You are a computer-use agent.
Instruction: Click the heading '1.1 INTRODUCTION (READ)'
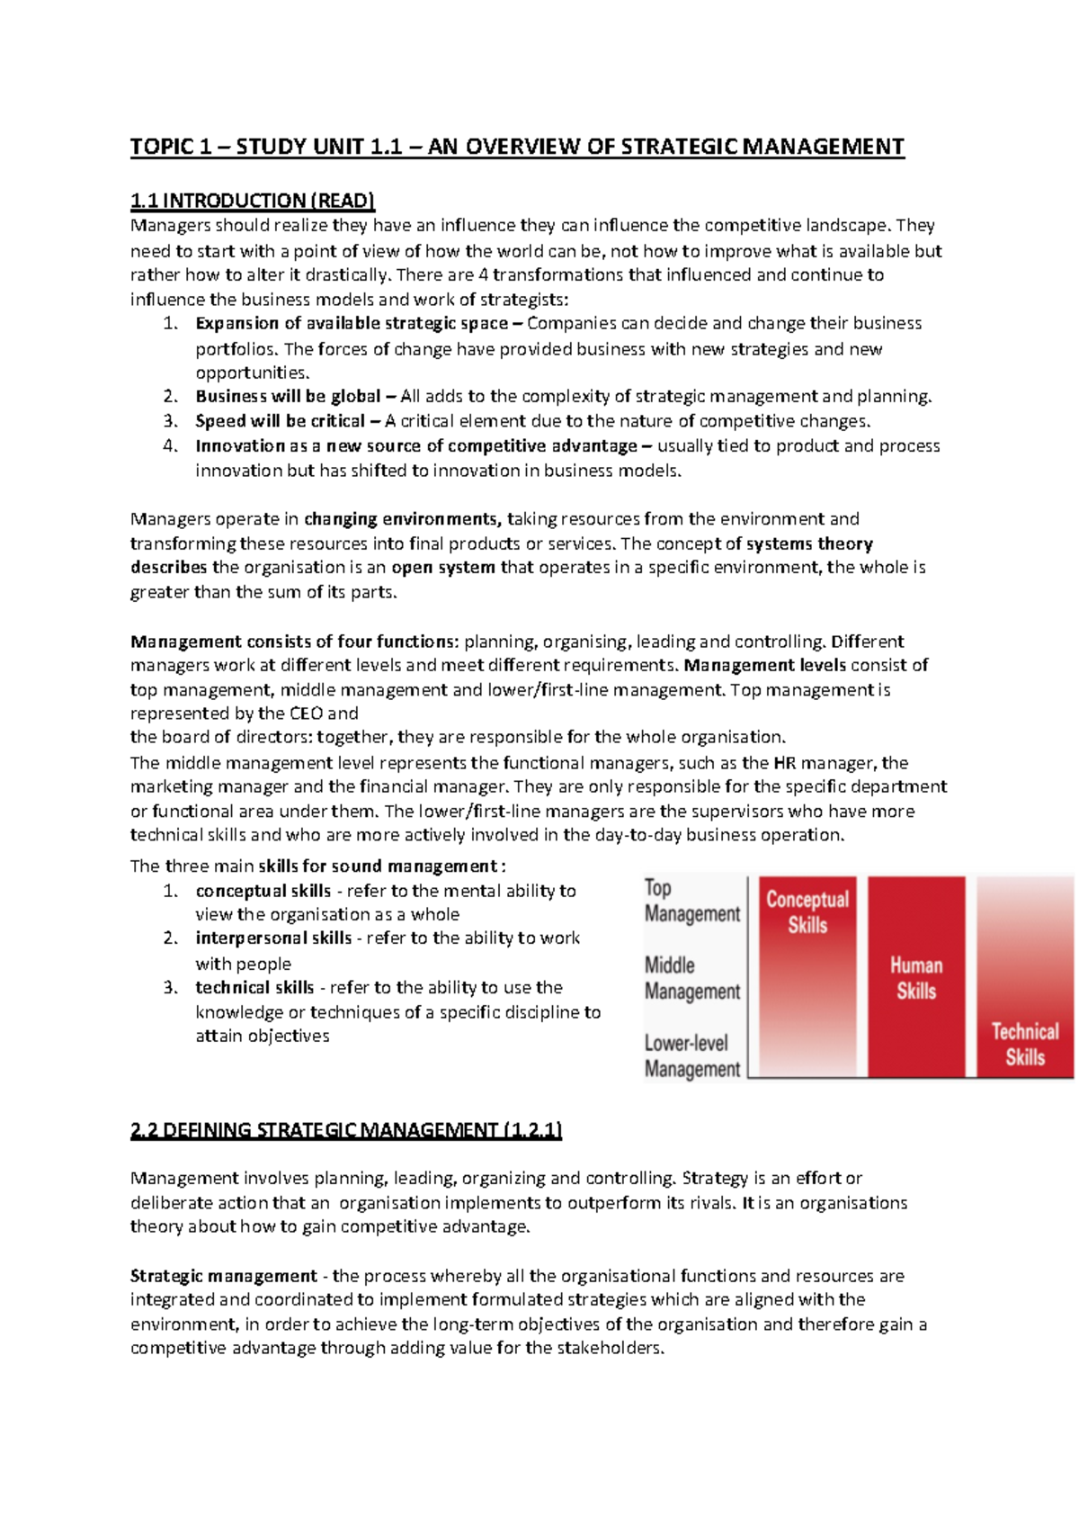tap(252, 201)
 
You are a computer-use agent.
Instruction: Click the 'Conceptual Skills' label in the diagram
tap(807, 911)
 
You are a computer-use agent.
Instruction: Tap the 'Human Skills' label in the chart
tap(915, 978)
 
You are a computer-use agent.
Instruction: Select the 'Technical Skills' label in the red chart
tap(1024, 1044)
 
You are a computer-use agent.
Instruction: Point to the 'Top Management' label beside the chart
tap(691, 901)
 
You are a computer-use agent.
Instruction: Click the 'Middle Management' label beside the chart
tap(691, 978)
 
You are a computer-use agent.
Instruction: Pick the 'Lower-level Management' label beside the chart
tap(691, 1056)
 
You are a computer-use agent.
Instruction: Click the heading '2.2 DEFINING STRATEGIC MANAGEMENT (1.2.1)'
tap(345, 1130)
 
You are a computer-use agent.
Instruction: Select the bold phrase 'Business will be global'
tap(288, 397)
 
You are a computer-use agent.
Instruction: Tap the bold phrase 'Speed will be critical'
tap(280, 421)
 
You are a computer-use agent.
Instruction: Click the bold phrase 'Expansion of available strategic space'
tap(351, 324)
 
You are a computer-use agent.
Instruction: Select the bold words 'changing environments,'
tap(402, 519)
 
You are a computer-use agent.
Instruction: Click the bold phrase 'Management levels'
tap(764, 666)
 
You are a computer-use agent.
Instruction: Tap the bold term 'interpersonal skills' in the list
tap(273, 938)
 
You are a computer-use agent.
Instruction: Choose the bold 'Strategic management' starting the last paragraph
tap(223, 1276)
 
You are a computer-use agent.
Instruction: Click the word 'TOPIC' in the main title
tap(163, 147)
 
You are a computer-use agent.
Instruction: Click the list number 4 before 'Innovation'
tap(170, 446)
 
